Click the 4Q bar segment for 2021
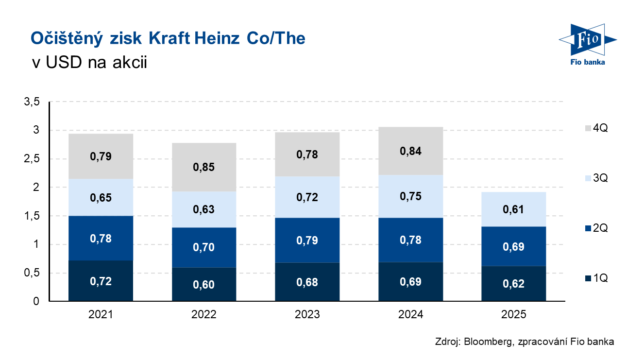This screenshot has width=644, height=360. tap(101, 156)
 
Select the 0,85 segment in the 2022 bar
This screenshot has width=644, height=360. tap(204, 167)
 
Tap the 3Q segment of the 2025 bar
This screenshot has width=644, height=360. tap(514, 209)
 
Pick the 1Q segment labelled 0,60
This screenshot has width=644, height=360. tap(204, 284)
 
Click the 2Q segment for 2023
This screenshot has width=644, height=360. tap(307, 240)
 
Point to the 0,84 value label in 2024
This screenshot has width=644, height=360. tap(410, 151)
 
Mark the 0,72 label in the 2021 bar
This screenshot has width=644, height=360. tap(101, 281)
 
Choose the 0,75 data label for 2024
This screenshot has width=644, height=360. tap(410, 196)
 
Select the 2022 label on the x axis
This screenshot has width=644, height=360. tap(204, 314)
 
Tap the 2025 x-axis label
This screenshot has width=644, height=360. tap(514, 314)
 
